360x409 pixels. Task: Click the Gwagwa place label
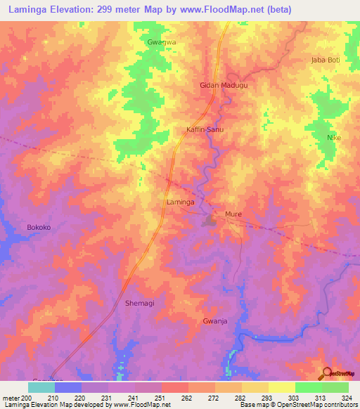coord(161,42)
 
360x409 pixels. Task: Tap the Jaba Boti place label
coord(325,60)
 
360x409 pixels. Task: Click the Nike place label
coord(334,138)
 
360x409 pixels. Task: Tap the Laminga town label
coord(179,202)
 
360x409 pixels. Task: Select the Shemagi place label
coord(139,303)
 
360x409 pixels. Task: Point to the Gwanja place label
coord(214,320)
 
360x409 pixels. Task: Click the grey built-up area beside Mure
coord(210,222)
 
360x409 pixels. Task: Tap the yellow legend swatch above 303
coord(281,387)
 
